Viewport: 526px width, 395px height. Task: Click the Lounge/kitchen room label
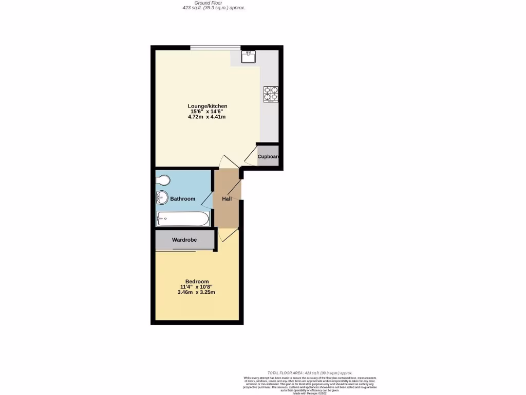[207, 106]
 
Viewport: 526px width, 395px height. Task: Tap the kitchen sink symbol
[249, 56]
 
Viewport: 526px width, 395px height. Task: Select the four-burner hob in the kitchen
[271, 94]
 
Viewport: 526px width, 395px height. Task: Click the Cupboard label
[268, 157]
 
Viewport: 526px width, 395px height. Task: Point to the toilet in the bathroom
[163, 180]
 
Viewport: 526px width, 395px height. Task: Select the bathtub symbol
[182, 219]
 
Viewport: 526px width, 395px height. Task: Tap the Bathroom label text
[183, 199]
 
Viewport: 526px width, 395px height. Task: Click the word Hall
[227, 199]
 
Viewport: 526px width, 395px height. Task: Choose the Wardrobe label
[185, 240]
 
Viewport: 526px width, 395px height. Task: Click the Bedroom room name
[197, 281]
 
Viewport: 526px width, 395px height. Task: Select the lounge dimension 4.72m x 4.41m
[207, 117]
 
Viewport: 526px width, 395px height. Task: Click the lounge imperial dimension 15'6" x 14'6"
[207, 112]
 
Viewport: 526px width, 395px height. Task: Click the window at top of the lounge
[215, 48]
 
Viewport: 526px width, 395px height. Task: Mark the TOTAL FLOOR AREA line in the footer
[310, 372]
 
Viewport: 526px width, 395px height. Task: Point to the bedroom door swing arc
[228, 236]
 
